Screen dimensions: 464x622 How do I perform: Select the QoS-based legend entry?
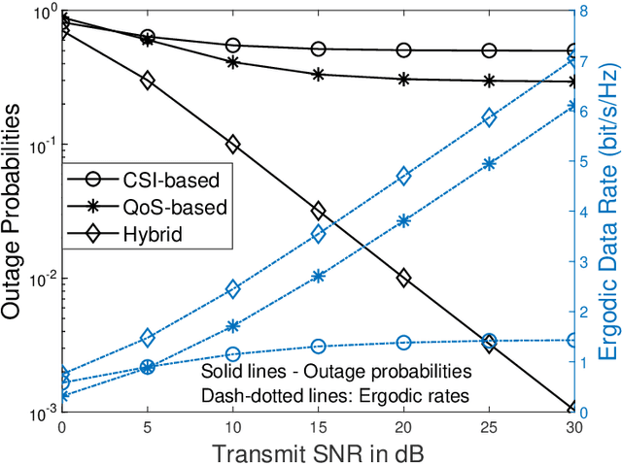point(180,206)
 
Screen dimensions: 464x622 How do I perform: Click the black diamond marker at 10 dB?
point(232,144)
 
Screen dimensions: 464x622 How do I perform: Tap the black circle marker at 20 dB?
point(403,50)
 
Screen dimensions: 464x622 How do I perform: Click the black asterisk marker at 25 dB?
point(489,82)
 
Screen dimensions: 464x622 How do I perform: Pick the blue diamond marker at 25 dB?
point(489,117)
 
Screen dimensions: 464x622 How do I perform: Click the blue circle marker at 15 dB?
point(318,346)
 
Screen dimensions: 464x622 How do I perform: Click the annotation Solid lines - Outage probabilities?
point(335,372)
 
